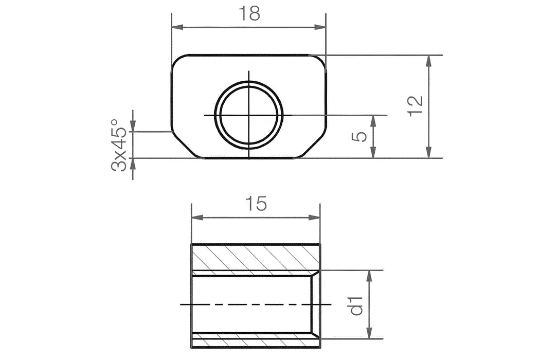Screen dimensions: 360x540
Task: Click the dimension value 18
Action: (248, 14)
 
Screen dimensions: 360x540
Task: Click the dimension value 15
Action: (256, 204)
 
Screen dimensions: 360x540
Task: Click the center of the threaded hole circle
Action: (249, 115)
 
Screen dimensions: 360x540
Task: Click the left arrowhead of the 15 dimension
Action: (196, 218)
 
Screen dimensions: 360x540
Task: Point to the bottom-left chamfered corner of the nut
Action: (183, 145)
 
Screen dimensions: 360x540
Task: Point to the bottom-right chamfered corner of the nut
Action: (314, 145)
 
